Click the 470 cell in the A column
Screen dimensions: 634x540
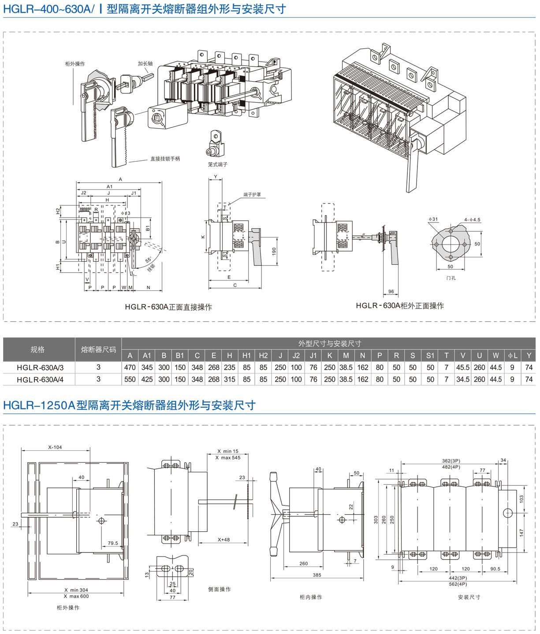(130, 367)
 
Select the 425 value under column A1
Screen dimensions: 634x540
(147, 379)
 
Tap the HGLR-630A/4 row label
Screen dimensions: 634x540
(40, 379)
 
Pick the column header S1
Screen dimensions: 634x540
(430, 356)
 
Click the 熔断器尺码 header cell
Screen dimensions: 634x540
(98, 349)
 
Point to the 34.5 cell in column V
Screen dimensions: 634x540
(463, 379)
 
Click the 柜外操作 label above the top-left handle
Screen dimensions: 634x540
(75, 64)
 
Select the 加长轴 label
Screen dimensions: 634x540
(145, 63)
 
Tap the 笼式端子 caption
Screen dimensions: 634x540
(217, 164)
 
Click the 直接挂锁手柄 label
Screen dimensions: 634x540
(165, 159)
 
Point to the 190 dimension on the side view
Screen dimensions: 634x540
(274, 251)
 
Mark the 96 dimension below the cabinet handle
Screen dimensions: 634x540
(391, 292)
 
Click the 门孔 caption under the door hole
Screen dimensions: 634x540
(451, 278)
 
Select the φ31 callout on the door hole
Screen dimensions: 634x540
(433, 219)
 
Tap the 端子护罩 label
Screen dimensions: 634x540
(252, 194)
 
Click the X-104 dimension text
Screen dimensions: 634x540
(55, 447)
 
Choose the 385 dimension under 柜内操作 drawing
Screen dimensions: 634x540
(317, 575)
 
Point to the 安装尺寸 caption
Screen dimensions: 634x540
(469, 597)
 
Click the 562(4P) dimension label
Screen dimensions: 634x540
(458, 584)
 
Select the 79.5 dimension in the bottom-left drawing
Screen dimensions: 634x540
(113, 543)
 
